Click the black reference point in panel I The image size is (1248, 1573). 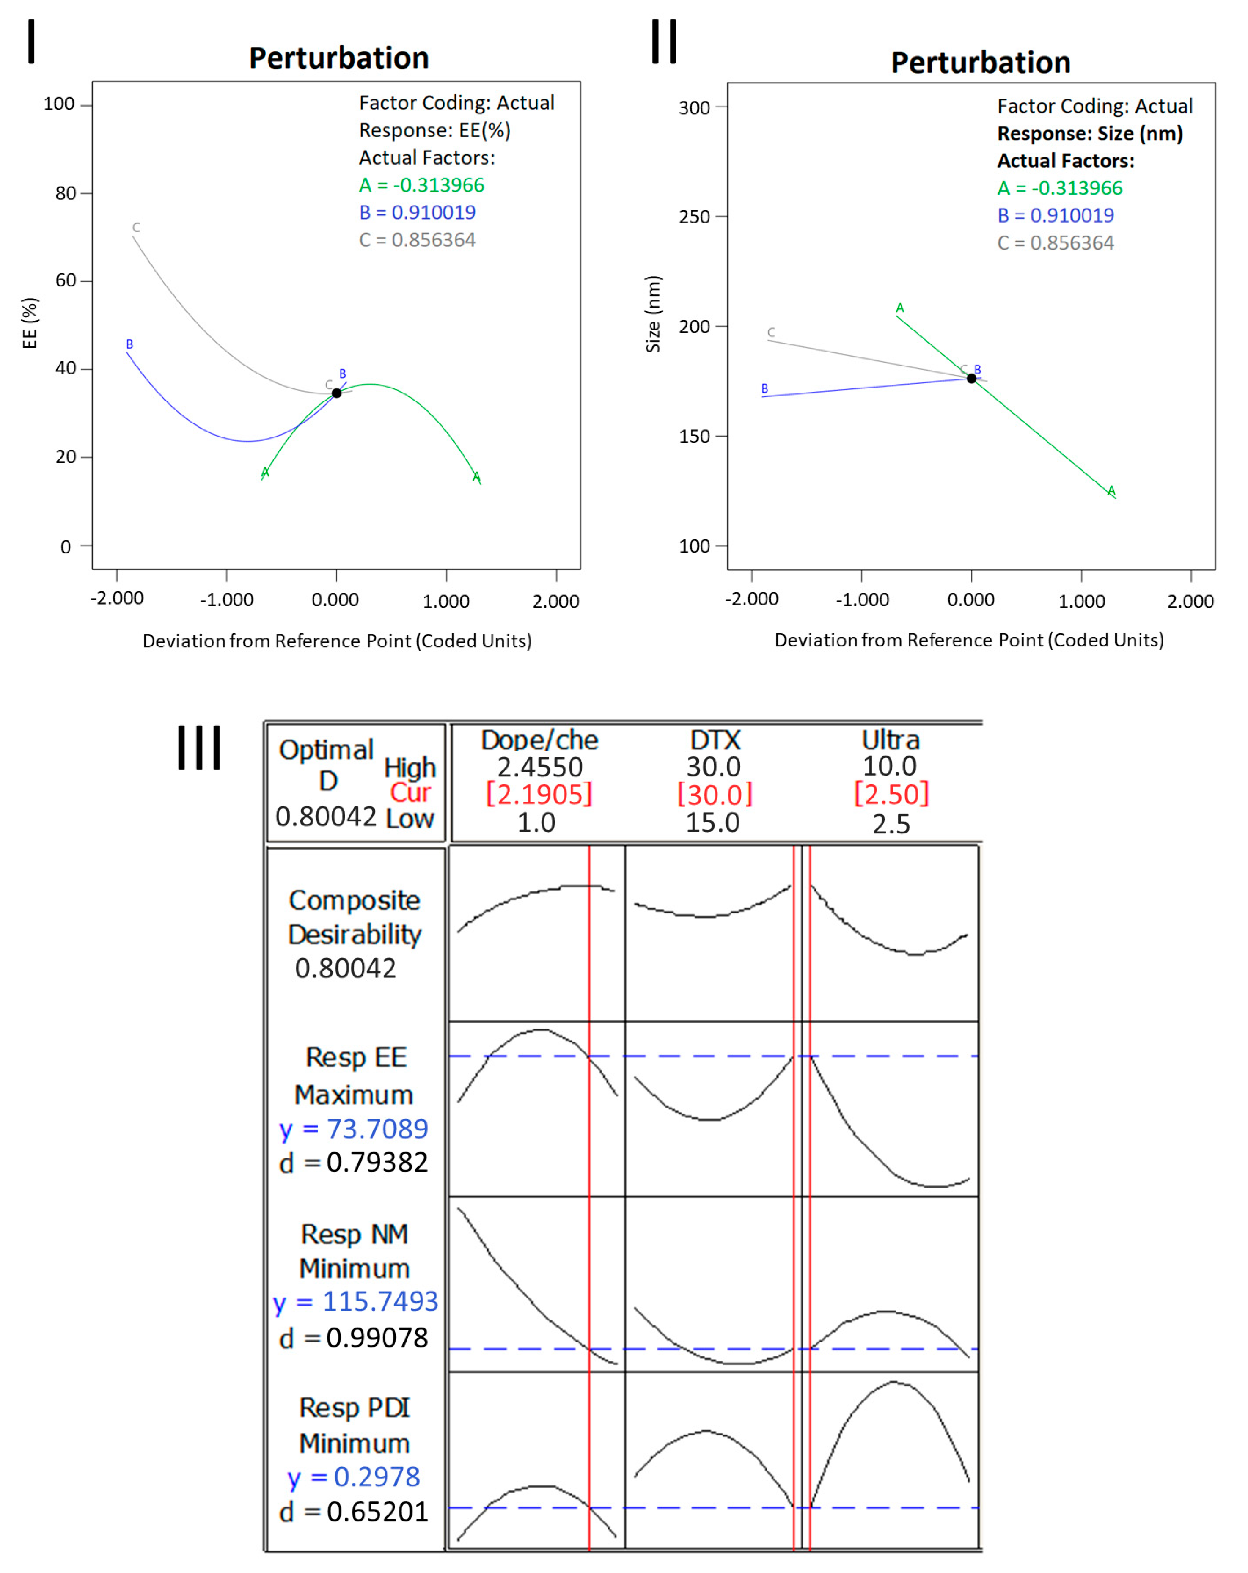point(336,393)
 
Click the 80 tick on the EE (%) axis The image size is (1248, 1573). point(66,193)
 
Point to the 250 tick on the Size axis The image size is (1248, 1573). point(694,217)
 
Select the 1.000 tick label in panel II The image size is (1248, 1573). point(1081,601)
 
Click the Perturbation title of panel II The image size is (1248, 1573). point(980,63)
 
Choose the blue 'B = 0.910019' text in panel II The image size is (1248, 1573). point(1056,215)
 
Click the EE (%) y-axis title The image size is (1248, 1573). point(29,323)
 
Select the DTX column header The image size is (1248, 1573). point(715,740)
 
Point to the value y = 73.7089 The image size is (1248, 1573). point(354,1129)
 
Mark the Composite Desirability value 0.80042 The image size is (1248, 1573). point(345,968)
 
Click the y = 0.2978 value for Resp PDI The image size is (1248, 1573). point(354,1477)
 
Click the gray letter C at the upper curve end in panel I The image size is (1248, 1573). point(136,228)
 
